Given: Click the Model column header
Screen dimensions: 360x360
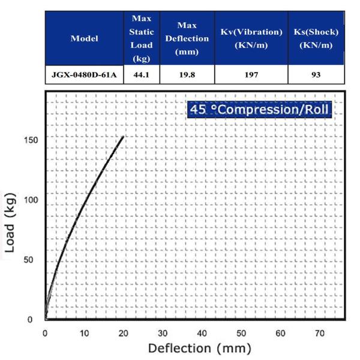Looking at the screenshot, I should [x=84, y=38].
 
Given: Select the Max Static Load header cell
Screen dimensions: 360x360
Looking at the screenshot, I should [x=142, y=38].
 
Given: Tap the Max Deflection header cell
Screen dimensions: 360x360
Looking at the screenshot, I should [x=187, y=38].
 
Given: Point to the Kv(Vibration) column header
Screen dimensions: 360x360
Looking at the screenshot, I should [x=251, y=38].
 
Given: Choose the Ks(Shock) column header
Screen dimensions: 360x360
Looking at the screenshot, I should [x=316, y=38].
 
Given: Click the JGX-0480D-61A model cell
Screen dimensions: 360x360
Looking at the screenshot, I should [x=84, y=75].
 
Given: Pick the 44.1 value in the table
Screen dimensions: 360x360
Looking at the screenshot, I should [x=142, y=75].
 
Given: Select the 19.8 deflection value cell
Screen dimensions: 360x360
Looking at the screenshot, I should [x=187, y=75].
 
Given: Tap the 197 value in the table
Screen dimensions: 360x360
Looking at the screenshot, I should [x=251, y=75].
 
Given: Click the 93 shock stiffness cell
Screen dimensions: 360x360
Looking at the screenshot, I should [x=316, y=75].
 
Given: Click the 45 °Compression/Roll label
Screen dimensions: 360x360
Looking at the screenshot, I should [x=259, y=110].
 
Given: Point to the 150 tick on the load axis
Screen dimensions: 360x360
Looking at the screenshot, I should [x=32, y=140].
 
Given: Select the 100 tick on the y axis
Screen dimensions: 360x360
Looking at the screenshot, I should [x=32, y=200].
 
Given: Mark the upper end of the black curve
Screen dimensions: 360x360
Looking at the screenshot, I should [x=123, y=137].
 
